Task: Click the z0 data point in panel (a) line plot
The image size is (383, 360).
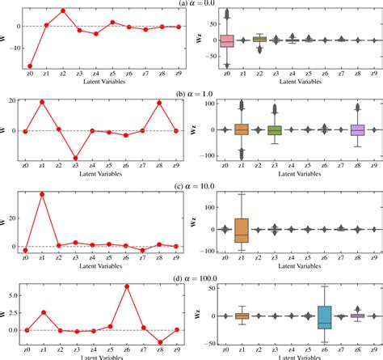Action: [x=30, y=66]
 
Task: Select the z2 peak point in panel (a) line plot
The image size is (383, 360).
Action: [x=63, y=11]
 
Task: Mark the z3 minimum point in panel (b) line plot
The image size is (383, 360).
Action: [x=79, y=158]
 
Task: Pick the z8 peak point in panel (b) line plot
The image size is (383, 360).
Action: [x=160, y=102]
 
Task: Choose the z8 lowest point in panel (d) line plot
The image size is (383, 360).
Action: [x=160, y=341]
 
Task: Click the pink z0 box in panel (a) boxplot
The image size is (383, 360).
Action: [x=227, y=40]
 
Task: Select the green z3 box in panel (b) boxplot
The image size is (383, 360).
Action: [x=274, y=129]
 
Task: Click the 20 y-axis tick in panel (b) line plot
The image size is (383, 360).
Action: [x=14, y=100]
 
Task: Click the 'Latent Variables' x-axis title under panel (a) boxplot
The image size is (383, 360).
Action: [x=293, y=83]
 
